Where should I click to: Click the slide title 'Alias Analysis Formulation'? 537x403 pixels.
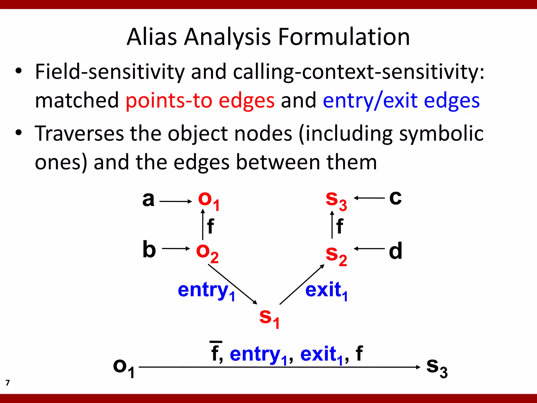[x=268, y=37]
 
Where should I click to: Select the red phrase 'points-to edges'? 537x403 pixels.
[x=200, y=100]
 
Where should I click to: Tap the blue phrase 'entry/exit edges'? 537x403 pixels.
[x=401, y=100]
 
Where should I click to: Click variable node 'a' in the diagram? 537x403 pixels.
[x=148, y=199]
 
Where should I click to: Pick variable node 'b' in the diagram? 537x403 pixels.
[x=149, y=249]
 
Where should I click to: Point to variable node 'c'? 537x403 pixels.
[x=395, y=198]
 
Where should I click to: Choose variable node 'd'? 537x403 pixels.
[x=395, y=251]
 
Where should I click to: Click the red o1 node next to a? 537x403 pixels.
[x=209, y=201]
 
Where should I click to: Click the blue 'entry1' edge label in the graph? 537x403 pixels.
[x=206, y=291]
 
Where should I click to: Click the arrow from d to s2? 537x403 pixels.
[x=369, y=249]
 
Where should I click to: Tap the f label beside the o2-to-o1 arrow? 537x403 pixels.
[x=210, y=226]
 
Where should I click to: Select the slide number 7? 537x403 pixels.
[x=8, y=383]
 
